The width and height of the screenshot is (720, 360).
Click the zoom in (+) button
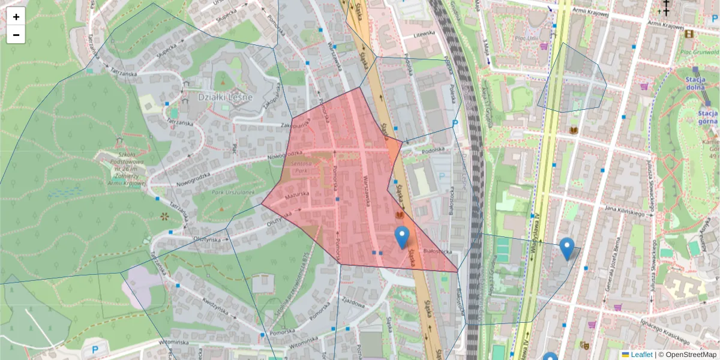16,17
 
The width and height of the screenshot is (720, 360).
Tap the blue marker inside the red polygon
402,238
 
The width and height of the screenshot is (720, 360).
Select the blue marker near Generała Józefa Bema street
566,248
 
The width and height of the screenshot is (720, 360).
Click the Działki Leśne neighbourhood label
226,97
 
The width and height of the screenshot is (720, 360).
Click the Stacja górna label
708,116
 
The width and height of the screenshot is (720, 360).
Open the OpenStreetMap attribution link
687,355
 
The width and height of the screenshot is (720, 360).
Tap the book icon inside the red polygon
400,215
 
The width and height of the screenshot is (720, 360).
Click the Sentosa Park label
301,166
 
